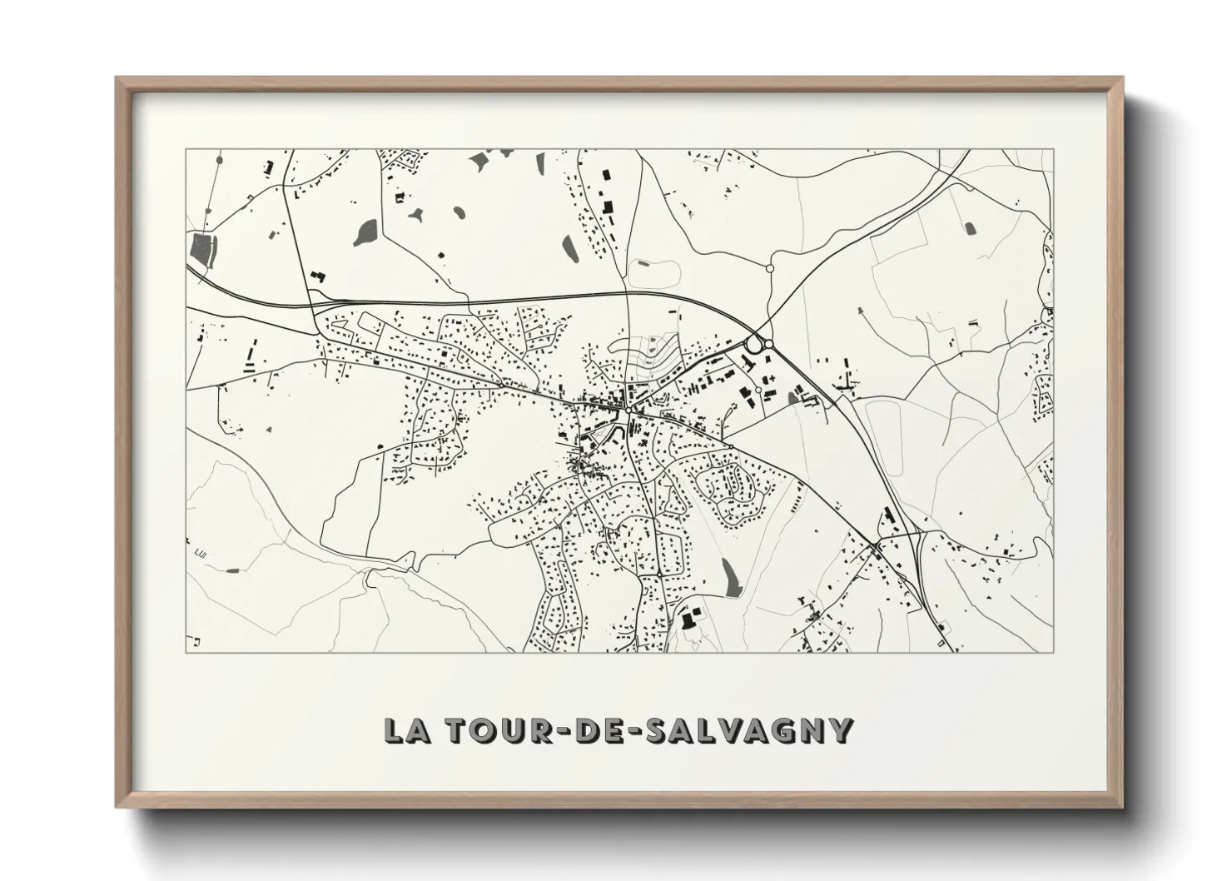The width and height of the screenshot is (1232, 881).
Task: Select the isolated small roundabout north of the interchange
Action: tap(770, 268)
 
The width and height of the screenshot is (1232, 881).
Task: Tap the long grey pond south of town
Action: tap(729, 576)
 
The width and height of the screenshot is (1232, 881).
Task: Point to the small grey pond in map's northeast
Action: tap(969, 228)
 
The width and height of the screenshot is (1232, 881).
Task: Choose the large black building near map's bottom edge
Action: tap(688, 620)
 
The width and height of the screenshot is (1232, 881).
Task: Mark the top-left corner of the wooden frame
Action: tap(117, 78)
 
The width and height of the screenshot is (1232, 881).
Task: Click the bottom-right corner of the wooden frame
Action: tap(1122, 808)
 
